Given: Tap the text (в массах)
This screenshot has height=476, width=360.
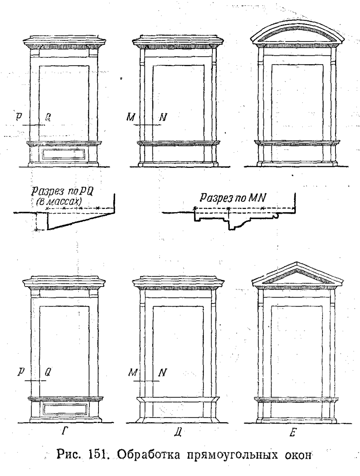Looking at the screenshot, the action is coord(59,202).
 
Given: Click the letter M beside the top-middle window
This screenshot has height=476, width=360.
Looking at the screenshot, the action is coord(131,118).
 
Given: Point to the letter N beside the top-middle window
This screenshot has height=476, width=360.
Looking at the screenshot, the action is coord(163,118).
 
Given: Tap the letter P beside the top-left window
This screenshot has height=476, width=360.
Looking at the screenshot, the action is coord(19,117).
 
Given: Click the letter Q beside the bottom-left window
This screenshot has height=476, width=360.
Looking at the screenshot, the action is coord(47,372).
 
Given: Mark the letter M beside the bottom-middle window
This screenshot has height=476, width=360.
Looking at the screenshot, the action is coord(133,373).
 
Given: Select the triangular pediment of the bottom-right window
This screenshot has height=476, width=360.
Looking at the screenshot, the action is coord(297,274).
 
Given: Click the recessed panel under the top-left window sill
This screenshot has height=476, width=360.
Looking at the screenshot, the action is coord(63,154).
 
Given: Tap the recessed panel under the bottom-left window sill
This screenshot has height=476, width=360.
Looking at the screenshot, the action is coord(65,408).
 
